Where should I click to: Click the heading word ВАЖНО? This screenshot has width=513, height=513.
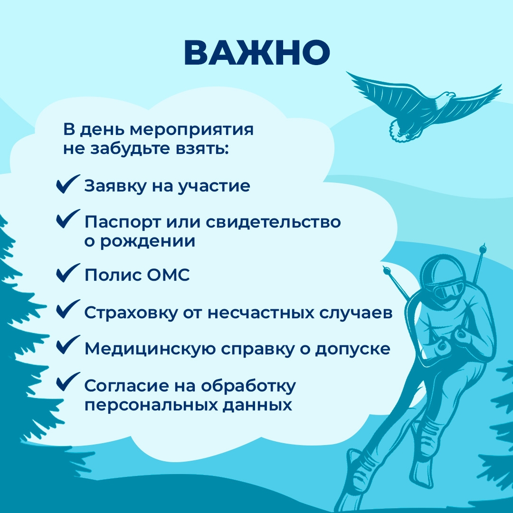[x=257, y=53]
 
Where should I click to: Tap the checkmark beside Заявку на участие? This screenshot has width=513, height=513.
[x=68, y=184]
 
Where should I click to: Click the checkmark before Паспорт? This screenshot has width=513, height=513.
[x=68, y=219]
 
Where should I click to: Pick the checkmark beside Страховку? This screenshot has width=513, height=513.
[x=68, y=309]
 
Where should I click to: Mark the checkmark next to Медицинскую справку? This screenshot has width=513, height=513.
[x=68, y=345]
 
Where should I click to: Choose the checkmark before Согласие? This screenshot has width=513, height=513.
[x=68, y=382]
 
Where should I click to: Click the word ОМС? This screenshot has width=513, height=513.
[x=168, y=275]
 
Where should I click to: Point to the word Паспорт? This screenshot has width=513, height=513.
[x=123, y=222]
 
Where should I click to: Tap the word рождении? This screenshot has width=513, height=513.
[x=148, y=241]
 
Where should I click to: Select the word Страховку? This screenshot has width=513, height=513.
[x=131, y=313]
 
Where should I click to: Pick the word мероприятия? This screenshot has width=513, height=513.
[x=192, y=130]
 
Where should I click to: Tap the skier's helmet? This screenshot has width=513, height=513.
[x=442, y=272]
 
